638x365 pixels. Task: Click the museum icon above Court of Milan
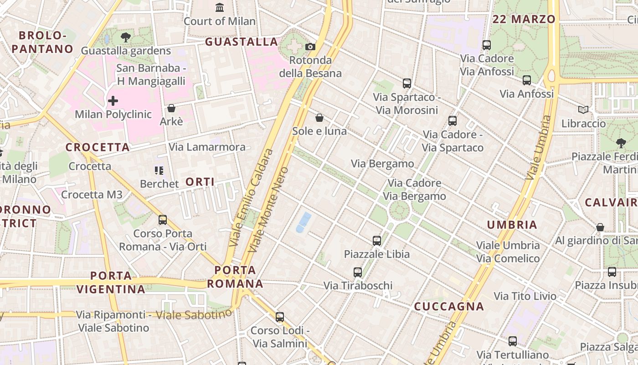(220, 7)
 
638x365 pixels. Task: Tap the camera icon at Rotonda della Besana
(310, 47)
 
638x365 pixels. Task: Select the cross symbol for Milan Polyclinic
(113, 100)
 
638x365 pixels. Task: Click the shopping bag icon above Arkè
(171, 108)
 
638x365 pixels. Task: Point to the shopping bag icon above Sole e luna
(319, 118)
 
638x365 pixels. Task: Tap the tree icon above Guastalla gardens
(126, 37)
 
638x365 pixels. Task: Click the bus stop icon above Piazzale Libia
(377, 240)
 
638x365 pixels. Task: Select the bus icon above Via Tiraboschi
(358, 272)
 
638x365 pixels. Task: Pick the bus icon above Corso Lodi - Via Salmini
(280, 317)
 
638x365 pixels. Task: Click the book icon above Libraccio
(583, 109)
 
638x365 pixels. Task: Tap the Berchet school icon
(159, 171)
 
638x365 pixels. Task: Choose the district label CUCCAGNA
(449, 307)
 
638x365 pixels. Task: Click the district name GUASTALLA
(242, 42)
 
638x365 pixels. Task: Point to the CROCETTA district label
(98, 147)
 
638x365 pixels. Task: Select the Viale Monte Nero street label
(268, 210)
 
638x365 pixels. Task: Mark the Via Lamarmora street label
(207, 147)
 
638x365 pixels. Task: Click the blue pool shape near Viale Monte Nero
(304, 222)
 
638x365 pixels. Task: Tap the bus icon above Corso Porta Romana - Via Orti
(163, 220)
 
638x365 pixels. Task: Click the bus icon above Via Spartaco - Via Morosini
(407, 83)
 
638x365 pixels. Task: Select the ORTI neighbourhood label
(200, 182)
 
